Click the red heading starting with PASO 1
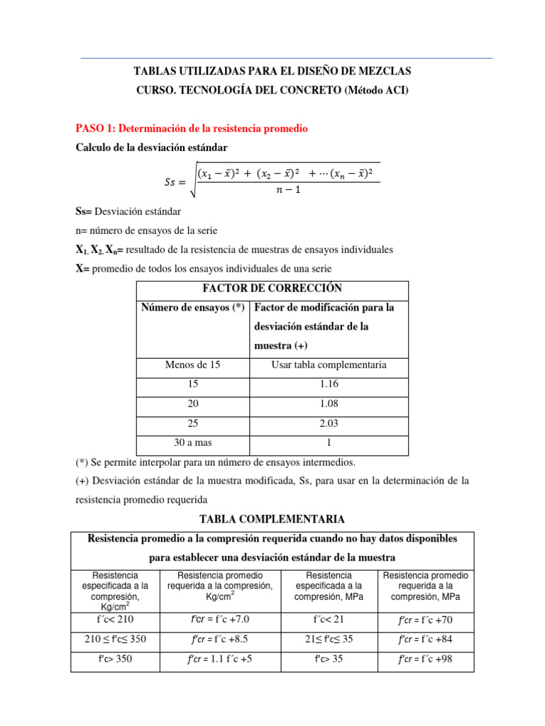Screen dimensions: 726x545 point(192,128)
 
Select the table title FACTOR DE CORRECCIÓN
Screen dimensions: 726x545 point(272,289)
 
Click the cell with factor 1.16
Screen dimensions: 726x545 point(329,384)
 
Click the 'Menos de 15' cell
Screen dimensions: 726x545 point(192,364)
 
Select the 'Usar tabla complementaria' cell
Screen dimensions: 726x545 point(329,364)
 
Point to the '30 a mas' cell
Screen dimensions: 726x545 point(192,442)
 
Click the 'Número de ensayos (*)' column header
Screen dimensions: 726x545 point(192,308)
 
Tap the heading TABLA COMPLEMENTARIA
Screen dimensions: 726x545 point(272,519)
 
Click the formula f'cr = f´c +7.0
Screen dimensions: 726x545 point(220,620)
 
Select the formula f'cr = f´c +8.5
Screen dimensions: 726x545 point(220,639)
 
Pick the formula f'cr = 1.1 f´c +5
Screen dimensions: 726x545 point(220,659)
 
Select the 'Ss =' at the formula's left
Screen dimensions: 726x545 point(173,182)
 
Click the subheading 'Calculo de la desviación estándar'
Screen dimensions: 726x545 point(152,147)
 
